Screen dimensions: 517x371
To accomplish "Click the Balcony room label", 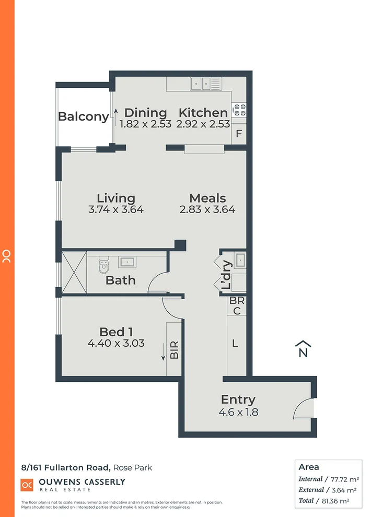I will click(x=83, y=116).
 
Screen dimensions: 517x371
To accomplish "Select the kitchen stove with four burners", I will click(x=239, y=110).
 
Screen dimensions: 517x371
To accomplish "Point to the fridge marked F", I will click(x=239, y=134).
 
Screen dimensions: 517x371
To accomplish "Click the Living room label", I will click(x=116, y=198).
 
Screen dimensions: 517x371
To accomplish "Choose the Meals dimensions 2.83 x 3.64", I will click(x=207, y=210).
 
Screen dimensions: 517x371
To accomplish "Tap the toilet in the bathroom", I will click(x=103, y=266).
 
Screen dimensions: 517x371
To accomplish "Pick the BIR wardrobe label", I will click(x=174, y=349).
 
